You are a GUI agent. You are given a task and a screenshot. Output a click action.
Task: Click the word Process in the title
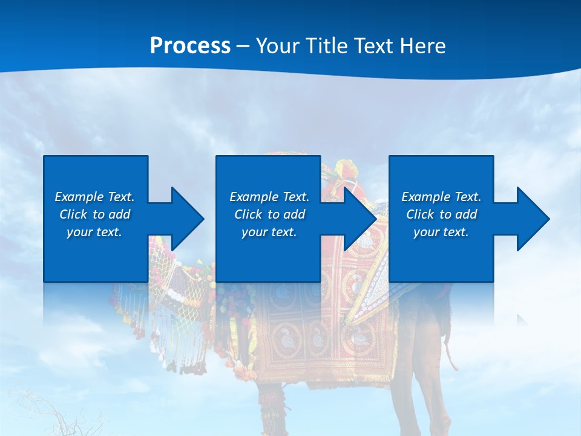[190, 46]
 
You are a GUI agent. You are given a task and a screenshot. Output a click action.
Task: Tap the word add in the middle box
[294, 214]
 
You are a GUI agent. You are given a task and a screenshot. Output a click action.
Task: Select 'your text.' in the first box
[94, 232]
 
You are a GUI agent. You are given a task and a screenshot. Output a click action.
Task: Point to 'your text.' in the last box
[441, 232]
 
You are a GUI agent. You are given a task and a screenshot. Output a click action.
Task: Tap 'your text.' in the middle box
[269, 232]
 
